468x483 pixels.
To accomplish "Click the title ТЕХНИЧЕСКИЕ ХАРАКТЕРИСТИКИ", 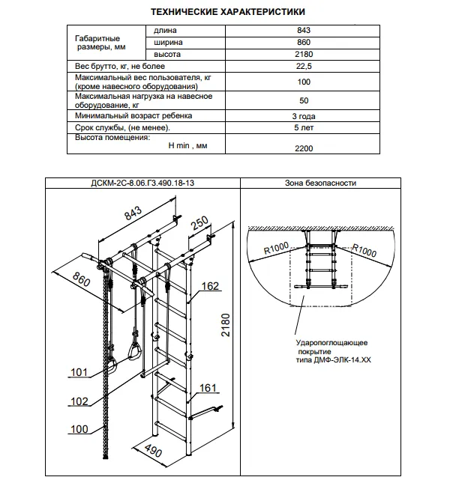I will coord(227,13).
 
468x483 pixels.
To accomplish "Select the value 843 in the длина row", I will coord(304,31).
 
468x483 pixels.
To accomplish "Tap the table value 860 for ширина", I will coord(304,43).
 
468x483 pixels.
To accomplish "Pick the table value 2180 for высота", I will coord(304,55).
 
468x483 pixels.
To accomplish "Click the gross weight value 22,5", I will coord(304,67).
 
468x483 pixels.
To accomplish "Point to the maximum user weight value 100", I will coord(304,82).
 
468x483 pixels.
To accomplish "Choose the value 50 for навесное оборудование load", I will coord(304,100).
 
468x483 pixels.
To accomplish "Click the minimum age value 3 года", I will coord(304,117).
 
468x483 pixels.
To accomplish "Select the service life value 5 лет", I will coord(304,129).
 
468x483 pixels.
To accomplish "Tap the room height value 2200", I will coord(304,149).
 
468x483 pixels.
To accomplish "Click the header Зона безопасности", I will coord(320,183).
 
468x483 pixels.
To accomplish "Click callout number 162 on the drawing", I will coord(210,286).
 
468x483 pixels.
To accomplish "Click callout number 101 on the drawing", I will coord(79,372).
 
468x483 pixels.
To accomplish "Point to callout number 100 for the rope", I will coord(79,430).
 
